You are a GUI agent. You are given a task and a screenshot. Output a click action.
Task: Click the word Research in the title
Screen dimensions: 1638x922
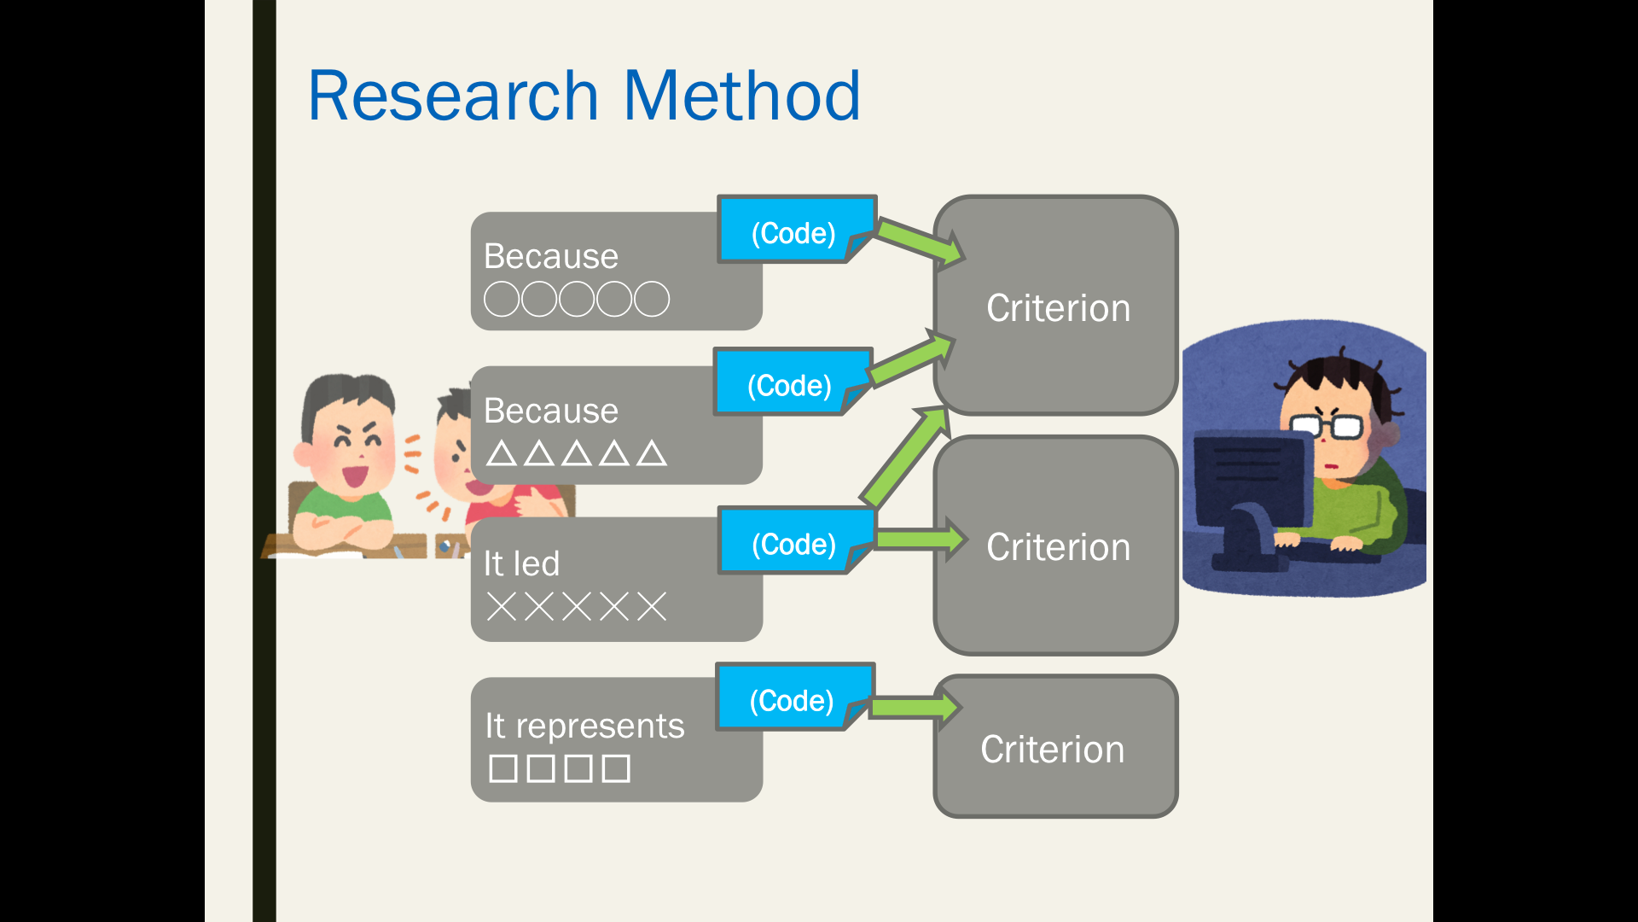453,96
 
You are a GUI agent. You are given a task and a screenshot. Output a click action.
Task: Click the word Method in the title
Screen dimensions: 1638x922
741,96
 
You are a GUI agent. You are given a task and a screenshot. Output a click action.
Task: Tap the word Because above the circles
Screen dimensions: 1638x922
551,256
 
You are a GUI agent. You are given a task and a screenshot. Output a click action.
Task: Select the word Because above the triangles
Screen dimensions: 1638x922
551,411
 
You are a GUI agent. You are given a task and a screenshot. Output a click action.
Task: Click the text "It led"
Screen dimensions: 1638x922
521,563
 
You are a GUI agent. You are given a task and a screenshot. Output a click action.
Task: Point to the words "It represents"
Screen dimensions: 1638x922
584,726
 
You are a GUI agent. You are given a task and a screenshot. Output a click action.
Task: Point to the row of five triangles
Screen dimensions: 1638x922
577,452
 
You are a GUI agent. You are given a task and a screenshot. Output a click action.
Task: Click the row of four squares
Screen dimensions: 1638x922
560,768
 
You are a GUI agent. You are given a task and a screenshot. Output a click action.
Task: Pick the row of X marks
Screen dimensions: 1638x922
577,607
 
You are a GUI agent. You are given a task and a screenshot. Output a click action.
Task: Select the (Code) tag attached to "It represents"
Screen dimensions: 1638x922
794,697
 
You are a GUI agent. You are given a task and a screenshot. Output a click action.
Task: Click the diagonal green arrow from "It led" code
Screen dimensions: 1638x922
904,457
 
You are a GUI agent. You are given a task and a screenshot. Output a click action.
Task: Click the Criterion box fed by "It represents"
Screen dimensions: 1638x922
1056,746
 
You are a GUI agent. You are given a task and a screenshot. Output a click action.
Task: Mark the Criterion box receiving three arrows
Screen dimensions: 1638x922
1056,306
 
